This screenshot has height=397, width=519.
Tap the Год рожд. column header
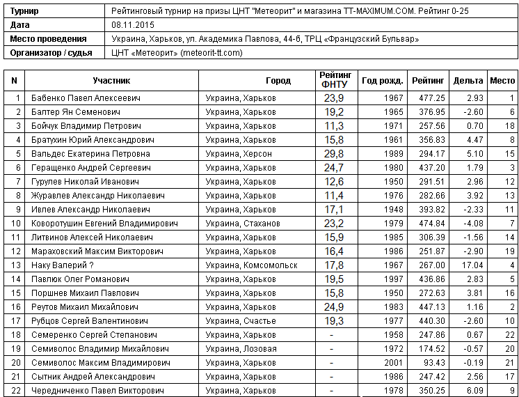[x=381, y=81]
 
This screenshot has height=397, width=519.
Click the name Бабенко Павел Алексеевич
[x=86, y=98]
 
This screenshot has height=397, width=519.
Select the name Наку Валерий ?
[x=63, y=265]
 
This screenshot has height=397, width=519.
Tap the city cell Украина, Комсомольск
[x=252, y=265]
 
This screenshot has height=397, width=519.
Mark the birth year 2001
[x=393, y=363]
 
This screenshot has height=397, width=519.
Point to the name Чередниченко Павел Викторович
[x=98, y=391]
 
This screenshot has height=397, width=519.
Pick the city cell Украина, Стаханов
[x=243, y=224]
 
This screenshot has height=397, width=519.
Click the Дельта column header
[x=468, y=81]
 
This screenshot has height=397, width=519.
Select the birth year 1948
[x=393, y=210]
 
